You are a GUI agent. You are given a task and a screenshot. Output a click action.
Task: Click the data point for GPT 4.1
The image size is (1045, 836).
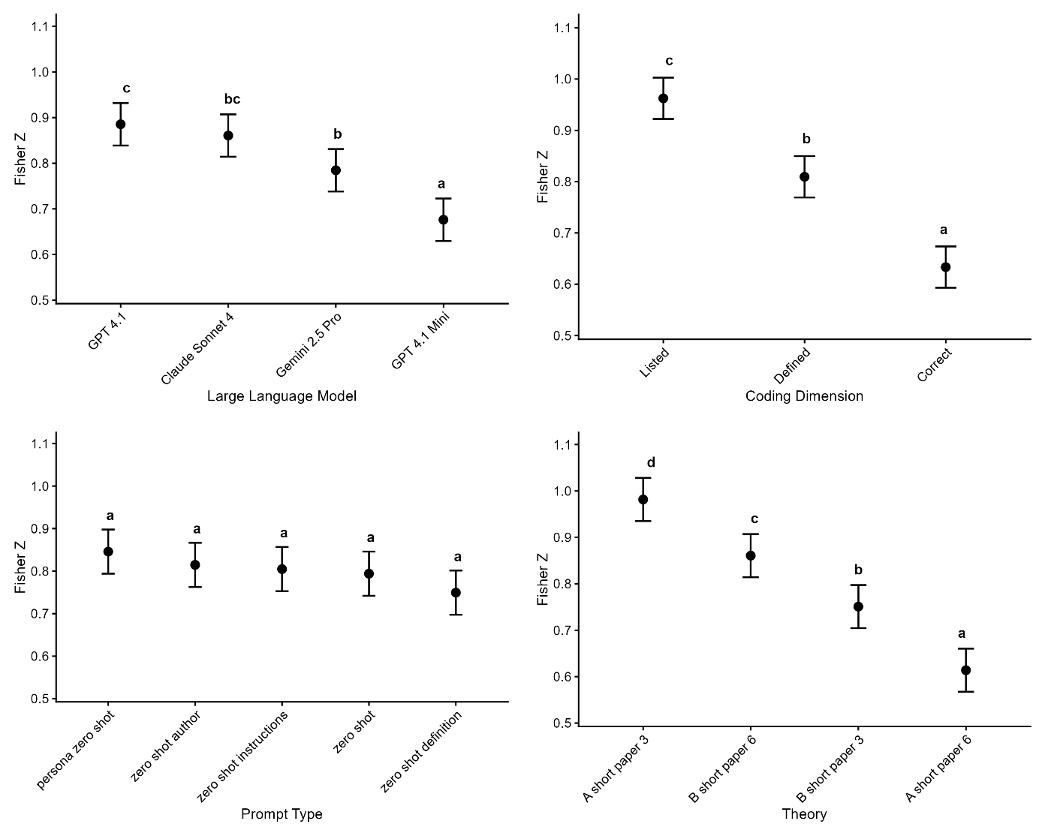[x=120, y=125]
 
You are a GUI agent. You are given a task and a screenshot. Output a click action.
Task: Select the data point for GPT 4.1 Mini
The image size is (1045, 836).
[x=443, y=220]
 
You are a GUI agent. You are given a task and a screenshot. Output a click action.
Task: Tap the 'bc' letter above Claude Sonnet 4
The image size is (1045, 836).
[x=232, y=99]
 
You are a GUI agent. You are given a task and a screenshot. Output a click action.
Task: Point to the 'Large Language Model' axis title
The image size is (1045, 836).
[x=282, y=396]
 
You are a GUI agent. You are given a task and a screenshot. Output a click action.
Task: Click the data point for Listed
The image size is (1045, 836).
[x=663, y=98]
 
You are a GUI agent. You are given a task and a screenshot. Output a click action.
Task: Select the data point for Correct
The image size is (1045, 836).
[x=945, y=267]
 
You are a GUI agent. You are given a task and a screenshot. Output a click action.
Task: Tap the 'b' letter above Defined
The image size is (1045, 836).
[x=806, y=139]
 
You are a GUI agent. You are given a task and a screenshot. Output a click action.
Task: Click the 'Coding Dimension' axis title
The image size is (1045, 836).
[x=804, y=396]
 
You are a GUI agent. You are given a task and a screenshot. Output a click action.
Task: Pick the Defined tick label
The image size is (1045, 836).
[x=793, y=365]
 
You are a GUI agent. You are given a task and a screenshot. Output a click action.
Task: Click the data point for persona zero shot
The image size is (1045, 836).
[x=108, y=552]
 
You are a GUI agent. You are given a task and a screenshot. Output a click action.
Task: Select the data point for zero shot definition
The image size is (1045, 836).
[x=456, y=593]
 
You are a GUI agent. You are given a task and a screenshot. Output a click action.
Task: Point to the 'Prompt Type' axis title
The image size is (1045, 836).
[x=282, y=814]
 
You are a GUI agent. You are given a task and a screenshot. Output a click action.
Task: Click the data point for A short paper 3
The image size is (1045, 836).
[x=643, y=500]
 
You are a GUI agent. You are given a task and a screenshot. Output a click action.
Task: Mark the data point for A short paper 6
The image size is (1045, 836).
[x=965, y=670]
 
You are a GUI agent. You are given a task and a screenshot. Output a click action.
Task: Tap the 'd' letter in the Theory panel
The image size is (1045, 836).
[x=651, y=463]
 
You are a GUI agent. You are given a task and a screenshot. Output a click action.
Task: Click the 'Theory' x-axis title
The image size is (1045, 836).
[x=804, y=814]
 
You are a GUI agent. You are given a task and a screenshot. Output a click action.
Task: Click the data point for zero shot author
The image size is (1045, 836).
[x=194, y=565]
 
